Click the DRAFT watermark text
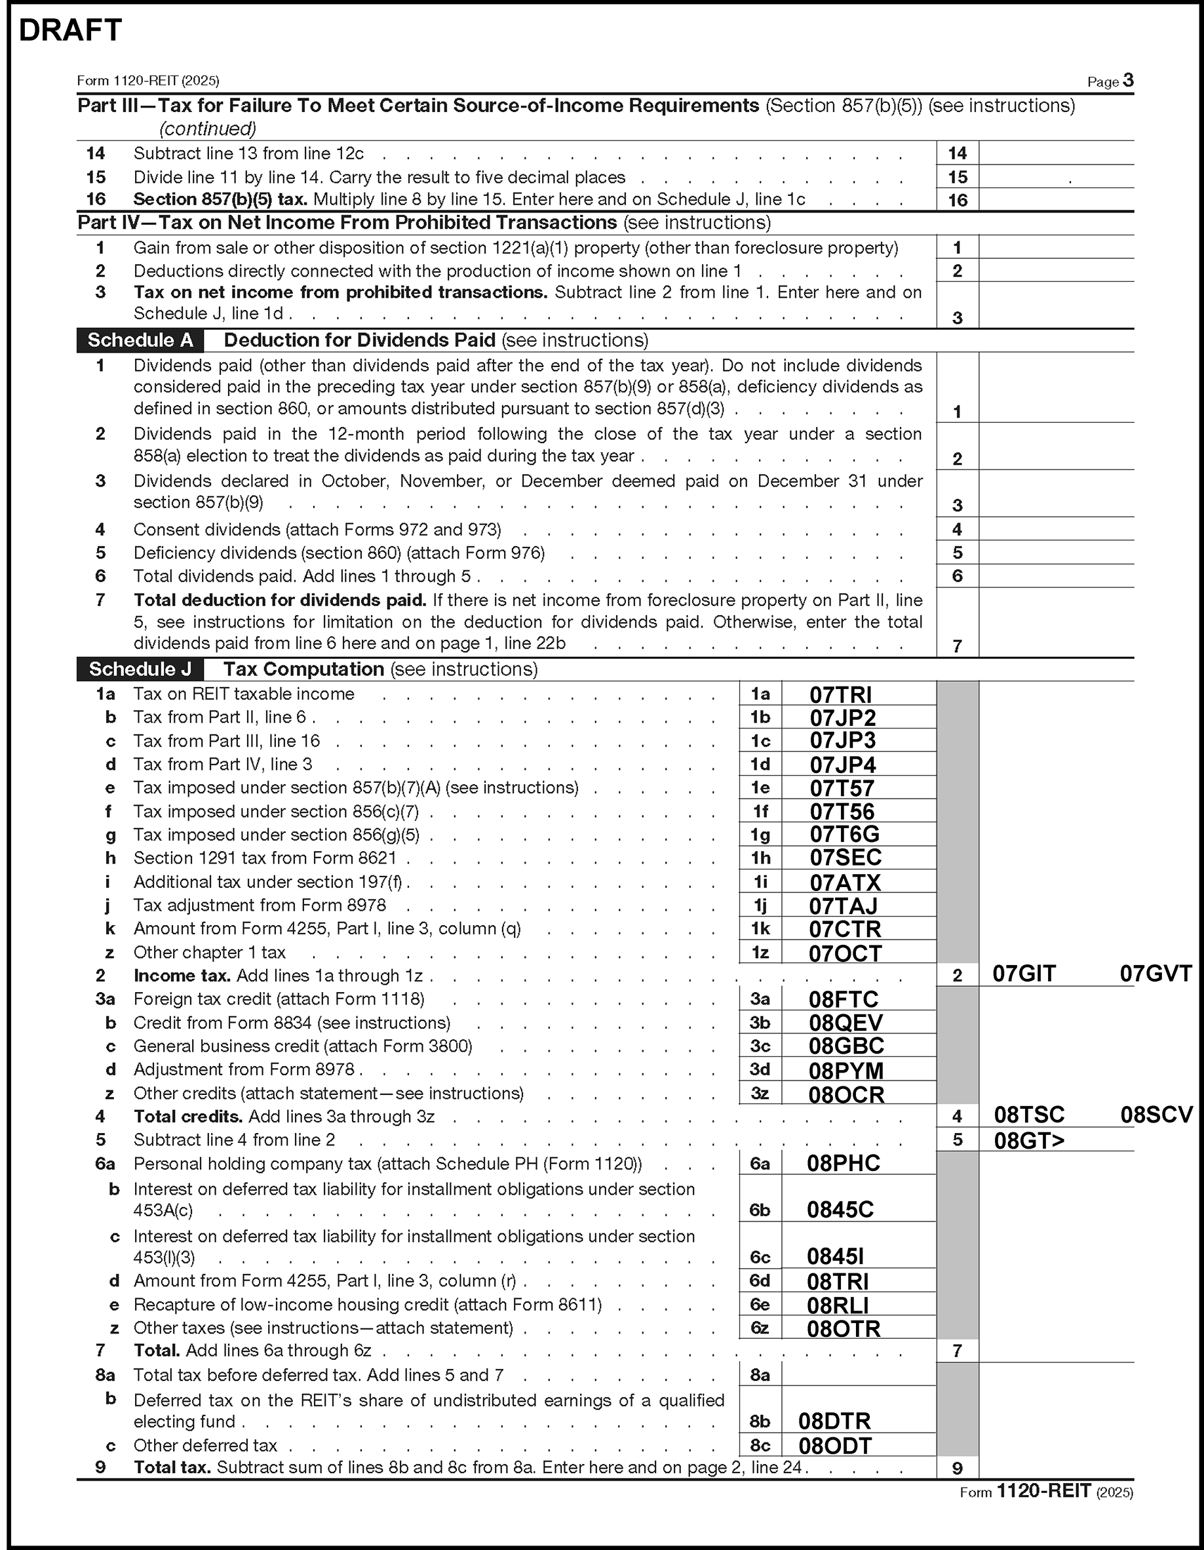(70, 31)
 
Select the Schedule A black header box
(140, 341)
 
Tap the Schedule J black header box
(140, 669)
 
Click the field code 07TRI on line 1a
(841, 694)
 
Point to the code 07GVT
(1155, 974)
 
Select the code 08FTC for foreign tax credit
(844, 999)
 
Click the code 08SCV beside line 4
(1156, 1115)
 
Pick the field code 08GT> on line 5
(1029, 1140)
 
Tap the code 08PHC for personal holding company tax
(844, 1163)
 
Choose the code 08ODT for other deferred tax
(835, 1446)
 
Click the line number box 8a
(760, 1376)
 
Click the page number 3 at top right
(1128, 80)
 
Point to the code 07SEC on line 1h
(845, 858)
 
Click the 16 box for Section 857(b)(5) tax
(957, 200)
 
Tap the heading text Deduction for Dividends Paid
(359, 341)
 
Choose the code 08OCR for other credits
(846, 1094)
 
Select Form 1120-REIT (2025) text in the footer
(1047, 1492)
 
